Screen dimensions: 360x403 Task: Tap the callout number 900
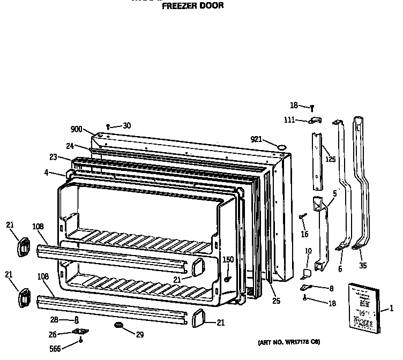click(76, 129)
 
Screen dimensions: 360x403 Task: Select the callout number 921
click(257, 139)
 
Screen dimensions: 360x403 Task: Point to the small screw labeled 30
click(108, 126)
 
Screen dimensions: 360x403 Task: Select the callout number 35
click(363, 265)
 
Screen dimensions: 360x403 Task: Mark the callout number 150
click(228, 259)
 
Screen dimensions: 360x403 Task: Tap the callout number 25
click(275, 301)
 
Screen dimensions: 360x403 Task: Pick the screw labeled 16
click(302, 216)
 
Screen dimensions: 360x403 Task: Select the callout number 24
click(70, 146)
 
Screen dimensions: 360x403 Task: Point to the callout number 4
click(47, 172)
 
